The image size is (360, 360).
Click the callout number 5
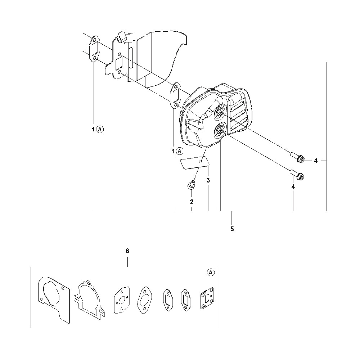click(232, 229)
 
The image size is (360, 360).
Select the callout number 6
click(127, 251)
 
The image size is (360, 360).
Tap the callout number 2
click(192, 202)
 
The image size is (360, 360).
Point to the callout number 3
click(208, 180)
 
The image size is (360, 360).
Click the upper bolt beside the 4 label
click(298, 158)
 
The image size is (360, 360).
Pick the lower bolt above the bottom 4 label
click(298, 175)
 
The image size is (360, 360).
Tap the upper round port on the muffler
click(218, 112)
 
